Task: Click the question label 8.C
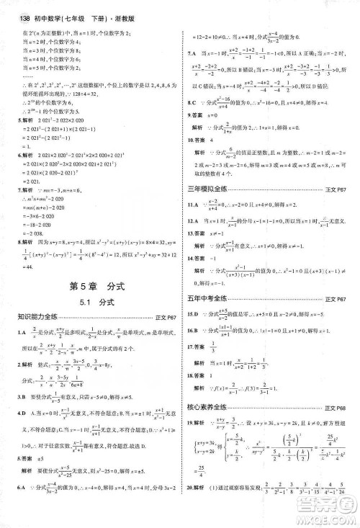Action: pyautogui.click(x=192, y=102)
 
